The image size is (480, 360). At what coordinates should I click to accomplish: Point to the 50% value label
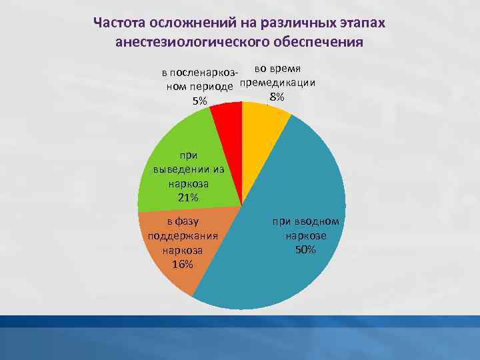pyautogui.click(x=305, y=249)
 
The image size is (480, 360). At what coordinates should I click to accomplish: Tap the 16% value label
pyautogui.click(x=182, y=265)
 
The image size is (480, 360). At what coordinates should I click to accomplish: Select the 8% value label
pyautogui.click(x=276, y=97)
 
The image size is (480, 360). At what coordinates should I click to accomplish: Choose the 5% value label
pyautogui.click(x=199, y=101)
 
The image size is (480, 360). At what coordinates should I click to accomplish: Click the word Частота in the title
pyautogui.click(x=119, y=23)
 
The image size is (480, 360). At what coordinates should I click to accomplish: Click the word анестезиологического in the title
pyautogui.click(x=192, y=43)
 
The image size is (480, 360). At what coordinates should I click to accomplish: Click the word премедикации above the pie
pyautogui.click(x=277, y=83)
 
